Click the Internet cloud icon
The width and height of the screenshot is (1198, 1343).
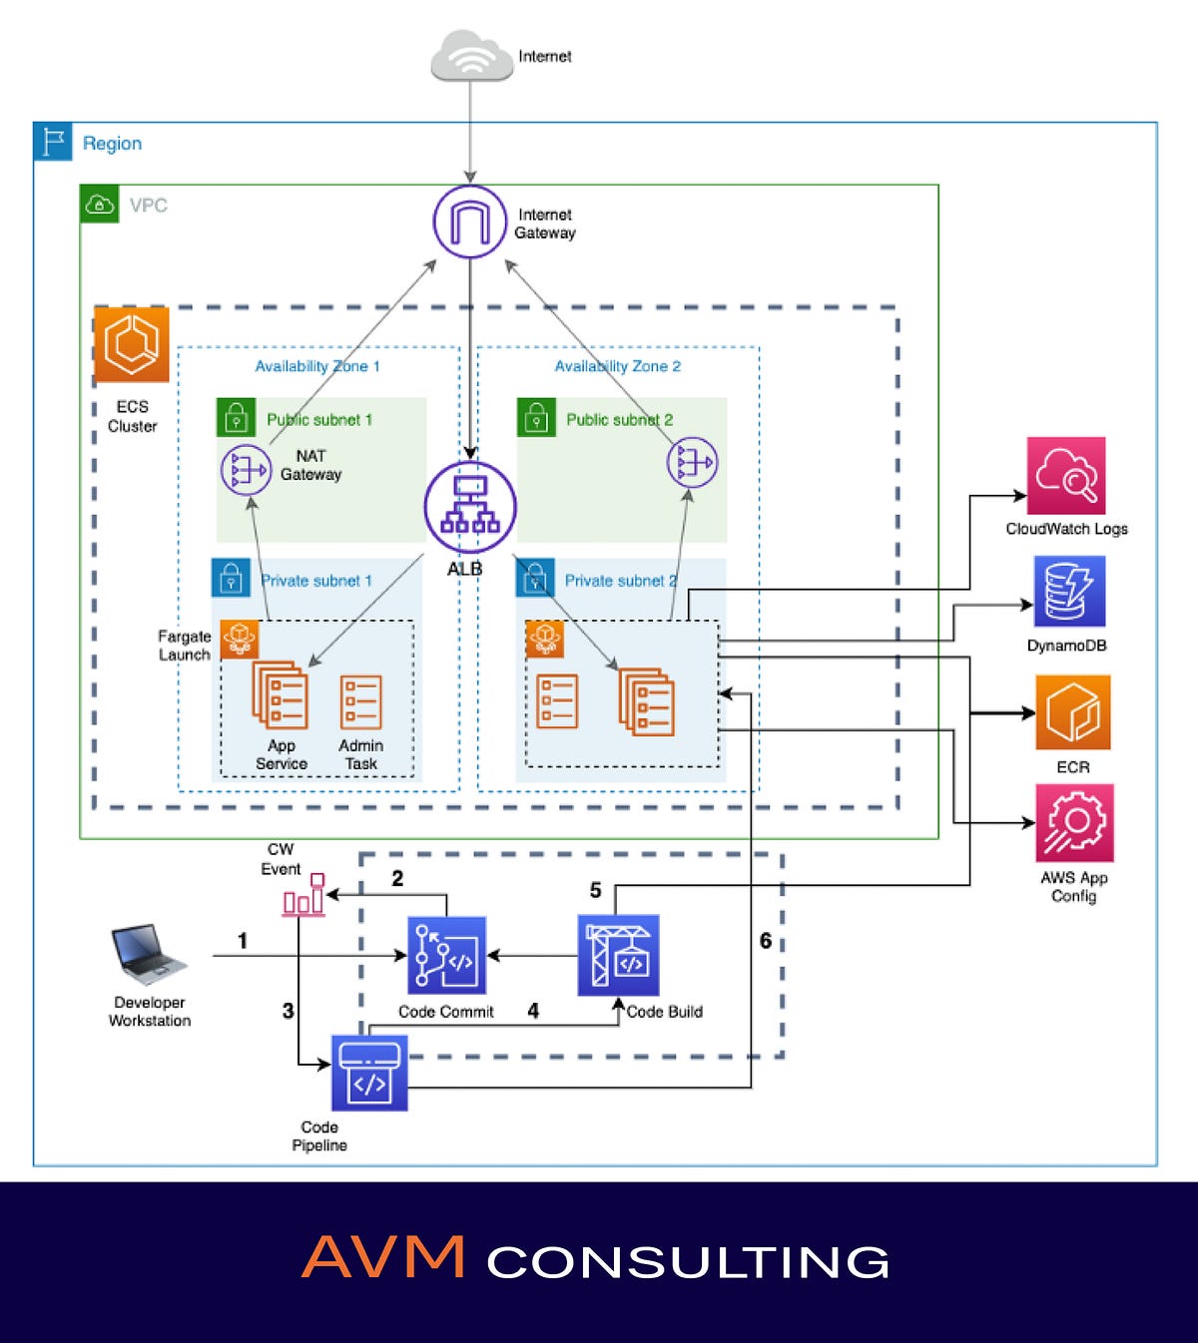pos(471,56)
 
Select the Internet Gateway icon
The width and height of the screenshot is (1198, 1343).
pos(470,222)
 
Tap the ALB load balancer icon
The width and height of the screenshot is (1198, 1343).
pos(470,507)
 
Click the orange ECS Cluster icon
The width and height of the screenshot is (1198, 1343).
pos(132,345)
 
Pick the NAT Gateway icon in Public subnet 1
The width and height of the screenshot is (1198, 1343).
pos(246,469)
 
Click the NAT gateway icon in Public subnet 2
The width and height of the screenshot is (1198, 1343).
pos(692,463)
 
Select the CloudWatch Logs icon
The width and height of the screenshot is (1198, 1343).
pos(1066,476)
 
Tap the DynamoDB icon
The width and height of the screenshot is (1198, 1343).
pos(1068,592)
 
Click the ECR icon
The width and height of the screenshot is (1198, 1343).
pos(1073,712)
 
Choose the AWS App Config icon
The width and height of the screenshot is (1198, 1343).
pos(1074,823)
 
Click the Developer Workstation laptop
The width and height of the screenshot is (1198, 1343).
pos(148,954)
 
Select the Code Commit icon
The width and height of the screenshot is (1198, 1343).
pos(447,956)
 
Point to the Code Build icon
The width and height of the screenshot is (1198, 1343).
pos(619,956)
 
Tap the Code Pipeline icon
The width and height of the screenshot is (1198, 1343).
pos(369,1074)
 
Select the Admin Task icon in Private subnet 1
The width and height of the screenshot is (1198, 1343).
pos(360,703)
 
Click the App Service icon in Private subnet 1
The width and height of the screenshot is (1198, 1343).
pos(281,695)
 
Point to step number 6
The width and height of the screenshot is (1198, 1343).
pos(766,941)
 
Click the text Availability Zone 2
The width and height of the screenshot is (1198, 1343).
pos(618,366)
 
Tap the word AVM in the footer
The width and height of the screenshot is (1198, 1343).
pos(383,1258)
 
